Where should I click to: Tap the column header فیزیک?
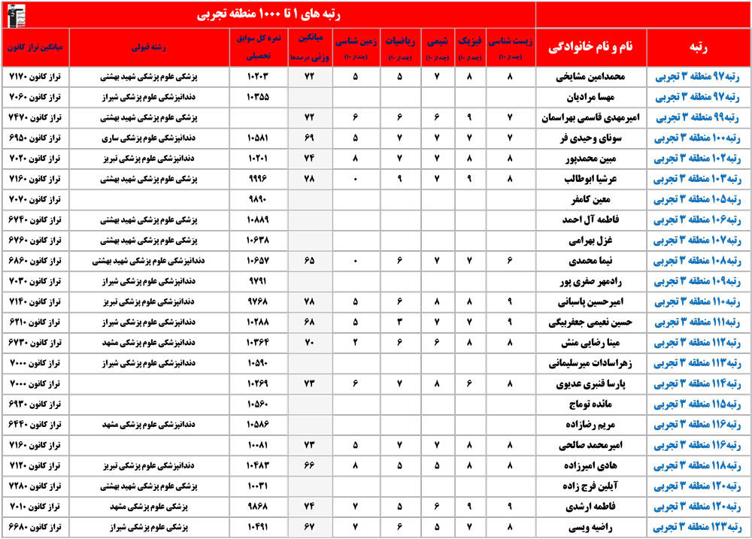pyautogui.click(x=463, y=45)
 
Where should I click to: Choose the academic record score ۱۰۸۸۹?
pyautogui.click(x=258, y=220)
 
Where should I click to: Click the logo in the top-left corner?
pyautogui.click(x=14, y=14)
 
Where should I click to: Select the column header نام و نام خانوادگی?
pyautogui.click(x=592, y=46)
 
